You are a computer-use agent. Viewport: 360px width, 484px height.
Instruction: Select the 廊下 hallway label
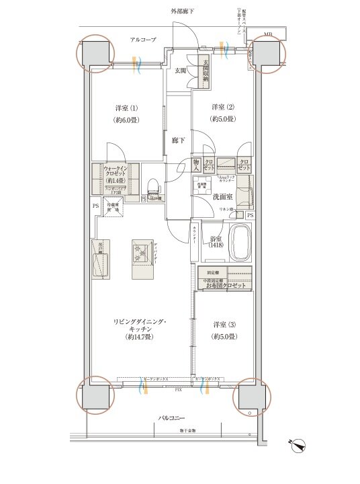point(178,140)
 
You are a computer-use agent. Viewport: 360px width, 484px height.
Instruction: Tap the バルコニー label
point(172,417)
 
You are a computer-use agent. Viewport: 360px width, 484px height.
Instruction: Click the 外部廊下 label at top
point(181,11)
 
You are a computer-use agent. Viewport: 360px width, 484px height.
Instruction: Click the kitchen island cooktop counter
point(142,259)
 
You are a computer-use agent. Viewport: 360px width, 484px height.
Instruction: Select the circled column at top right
point(268,54)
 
